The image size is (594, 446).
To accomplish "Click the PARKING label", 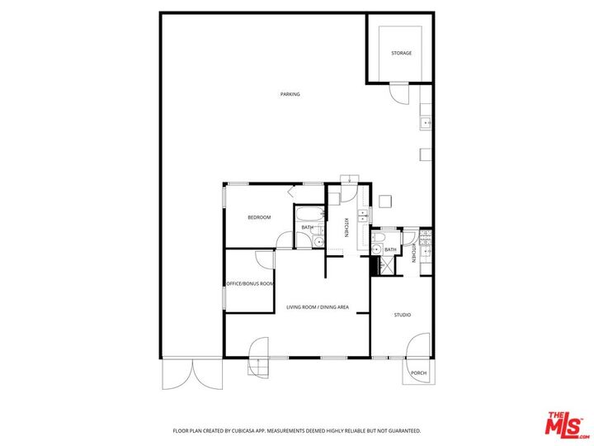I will [x=290, y=94].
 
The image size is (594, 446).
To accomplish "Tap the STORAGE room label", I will [x=401, y=54].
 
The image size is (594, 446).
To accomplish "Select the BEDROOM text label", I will [x=259, y=217].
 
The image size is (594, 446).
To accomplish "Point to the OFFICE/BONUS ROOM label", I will [x=250, y=283].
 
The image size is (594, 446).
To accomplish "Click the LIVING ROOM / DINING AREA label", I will [x=318, y=307].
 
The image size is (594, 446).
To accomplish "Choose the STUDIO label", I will [x=402, y=315].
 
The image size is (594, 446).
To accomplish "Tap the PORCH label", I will [x=418, y=372].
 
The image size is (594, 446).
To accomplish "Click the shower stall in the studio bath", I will [x=384, y=266].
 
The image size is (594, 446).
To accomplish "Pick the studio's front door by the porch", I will [x=419, y=347].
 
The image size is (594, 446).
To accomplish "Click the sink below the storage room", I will [x=426, y=122].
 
